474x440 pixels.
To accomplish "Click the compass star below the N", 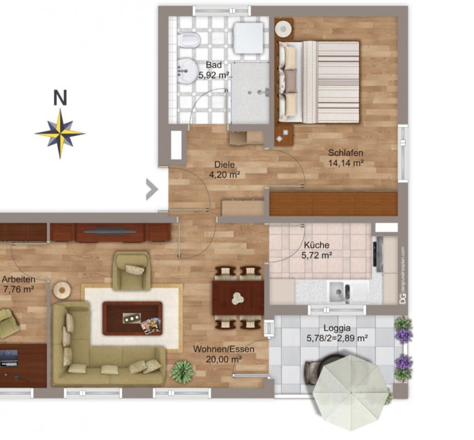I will tap(60, 133).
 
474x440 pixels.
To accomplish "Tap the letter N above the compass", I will tap(61, 97).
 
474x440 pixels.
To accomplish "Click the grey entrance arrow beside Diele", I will tap(151, 189).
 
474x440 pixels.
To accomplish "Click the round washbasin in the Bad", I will tap(187, 69).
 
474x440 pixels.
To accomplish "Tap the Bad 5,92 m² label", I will tap(214, 70).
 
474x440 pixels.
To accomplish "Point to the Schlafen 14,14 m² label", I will tap(346, 158).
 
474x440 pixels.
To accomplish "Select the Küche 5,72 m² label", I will tap(317, 250).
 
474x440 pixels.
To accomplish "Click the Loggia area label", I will tap(337, 333).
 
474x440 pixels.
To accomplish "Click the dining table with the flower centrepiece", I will tap(238, 298).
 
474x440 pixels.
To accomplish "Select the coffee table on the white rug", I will tap(132, 318).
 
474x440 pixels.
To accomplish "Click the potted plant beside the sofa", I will tap(182, 371).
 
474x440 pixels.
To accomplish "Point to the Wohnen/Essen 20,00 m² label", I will tap(224, 354).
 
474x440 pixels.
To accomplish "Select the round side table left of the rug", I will tap(61, 290).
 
